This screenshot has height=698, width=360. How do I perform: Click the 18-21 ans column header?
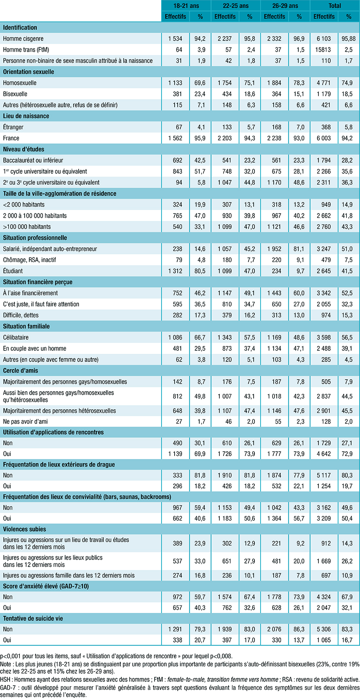coord(186,6)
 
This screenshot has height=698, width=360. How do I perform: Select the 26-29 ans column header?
coord(285,6)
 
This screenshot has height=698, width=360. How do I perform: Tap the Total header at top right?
coord(335,6)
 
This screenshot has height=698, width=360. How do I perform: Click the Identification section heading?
coord(20,28)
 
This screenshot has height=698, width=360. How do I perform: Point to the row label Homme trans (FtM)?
coord(26,50)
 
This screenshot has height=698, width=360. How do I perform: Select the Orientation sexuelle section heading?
coord(29,72)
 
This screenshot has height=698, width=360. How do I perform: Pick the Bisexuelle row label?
coord(15,94)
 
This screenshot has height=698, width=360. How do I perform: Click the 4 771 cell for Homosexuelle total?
coord(324,83)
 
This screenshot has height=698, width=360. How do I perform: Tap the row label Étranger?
coord(13,127)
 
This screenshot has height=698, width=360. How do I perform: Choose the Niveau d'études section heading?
coord(24,149)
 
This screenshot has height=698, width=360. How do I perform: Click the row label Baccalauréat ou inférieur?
coord(33,160)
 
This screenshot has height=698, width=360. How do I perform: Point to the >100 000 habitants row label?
coord(27,227)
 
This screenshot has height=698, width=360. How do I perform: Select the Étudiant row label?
coord(13,271)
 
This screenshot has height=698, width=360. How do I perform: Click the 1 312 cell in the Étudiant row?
coord(175,271)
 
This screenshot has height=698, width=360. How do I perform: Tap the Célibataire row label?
coord(16,337)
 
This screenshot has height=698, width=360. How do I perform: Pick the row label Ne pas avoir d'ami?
coord(25,422)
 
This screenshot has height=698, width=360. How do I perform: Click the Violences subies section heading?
coord(24,529)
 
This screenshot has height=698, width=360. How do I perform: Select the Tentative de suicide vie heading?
coord(33,619)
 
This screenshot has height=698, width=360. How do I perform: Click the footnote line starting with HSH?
coord(180,679)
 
